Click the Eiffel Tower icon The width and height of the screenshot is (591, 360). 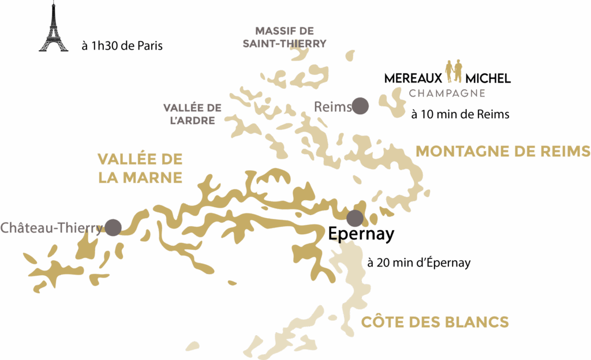coord(53,28)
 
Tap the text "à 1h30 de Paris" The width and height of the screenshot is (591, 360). coord(122,46)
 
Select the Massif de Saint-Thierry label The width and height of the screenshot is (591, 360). coord(284,37)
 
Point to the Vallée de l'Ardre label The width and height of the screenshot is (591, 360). coord(193,114)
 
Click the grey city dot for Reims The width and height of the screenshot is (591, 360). coord(361,106)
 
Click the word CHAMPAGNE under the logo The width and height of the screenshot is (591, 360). coord(447,93)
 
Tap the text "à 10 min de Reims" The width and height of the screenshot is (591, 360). coord(460,115)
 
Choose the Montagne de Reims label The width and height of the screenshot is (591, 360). coord(503,151)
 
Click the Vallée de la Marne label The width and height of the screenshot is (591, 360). coord(140,168)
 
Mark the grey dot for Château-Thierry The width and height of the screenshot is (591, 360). coord(113,227)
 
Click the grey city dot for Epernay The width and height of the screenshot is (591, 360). coord(355,218)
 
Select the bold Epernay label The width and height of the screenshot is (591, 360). coord(361,235)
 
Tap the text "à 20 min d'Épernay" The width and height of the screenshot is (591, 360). coord(419,263)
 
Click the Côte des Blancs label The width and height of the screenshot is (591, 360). coord(435,322)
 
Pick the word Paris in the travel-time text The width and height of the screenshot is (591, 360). coord(149,46)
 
